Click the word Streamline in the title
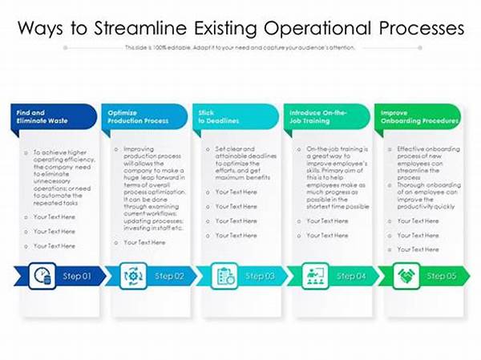139,29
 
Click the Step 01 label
76,276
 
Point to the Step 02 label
168,276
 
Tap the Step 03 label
260,276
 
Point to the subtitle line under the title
240,48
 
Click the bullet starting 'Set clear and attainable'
245,164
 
